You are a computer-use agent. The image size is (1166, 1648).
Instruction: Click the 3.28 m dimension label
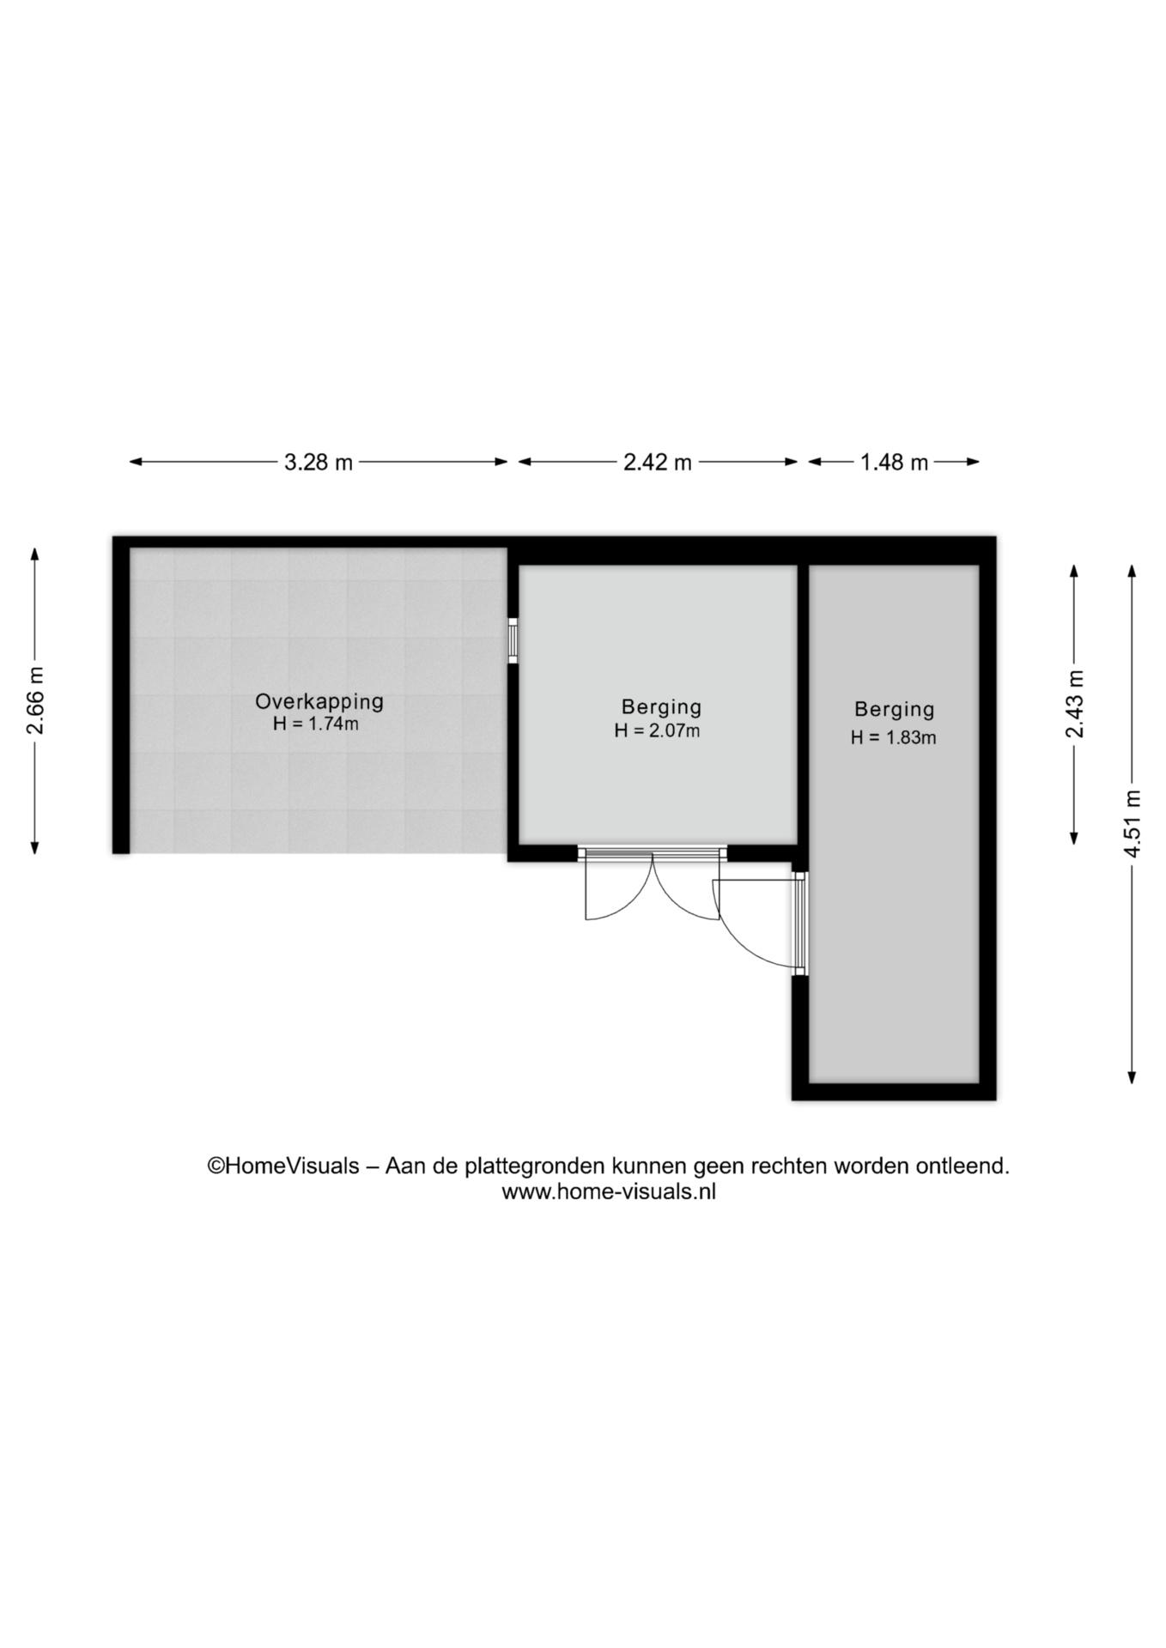(319, 463)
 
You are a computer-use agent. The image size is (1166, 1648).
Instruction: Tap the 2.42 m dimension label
(658, 463)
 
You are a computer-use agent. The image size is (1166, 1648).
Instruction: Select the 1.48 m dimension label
(894, 463)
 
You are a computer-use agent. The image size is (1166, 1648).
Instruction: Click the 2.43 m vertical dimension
(1074, 704)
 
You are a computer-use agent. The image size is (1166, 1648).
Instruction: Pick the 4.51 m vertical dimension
(1133, 823)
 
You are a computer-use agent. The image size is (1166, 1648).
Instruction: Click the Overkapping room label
(319, 702)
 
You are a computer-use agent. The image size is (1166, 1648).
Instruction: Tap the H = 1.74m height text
(316, 724)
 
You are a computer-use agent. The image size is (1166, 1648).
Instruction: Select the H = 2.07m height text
(657, 731)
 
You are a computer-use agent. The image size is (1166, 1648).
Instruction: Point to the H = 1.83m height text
(893, 737)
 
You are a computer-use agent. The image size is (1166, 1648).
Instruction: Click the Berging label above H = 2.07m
(661, 707)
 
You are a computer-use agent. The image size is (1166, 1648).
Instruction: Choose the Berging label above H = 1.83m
(894, 710)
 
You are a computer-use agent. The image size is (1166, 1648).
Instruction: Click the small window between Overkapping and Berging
(513, 640)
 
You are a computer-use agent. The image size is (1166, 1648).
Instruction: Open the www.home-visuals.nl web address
(609, 1191)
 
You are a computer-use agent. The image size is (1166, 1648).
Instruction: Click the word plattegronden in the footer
(534, 1167)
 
